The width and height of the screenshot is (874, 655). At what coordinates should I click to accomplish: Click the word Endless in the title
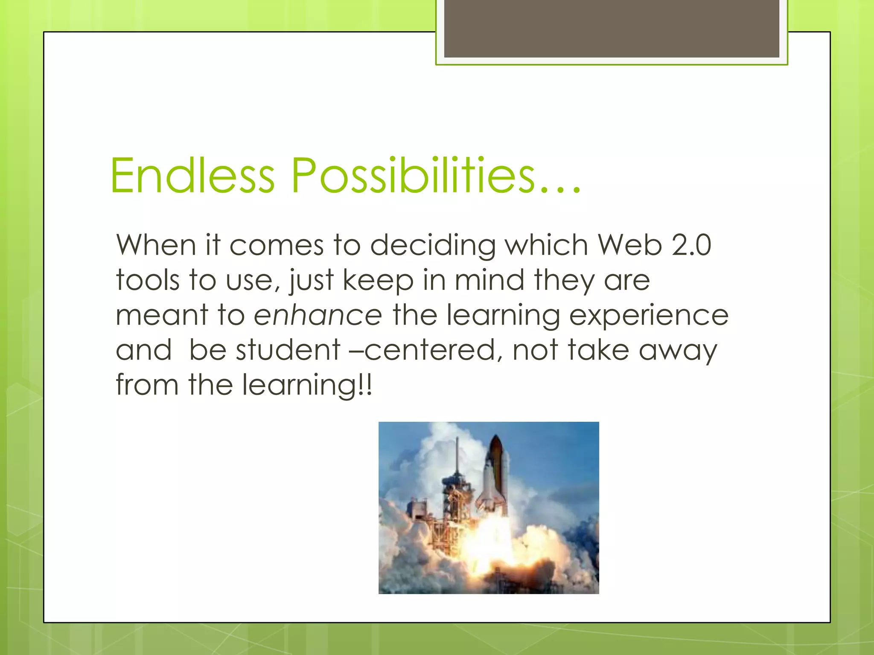192,176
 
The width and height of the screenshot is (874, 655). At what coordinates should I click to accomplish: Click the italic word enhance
318,316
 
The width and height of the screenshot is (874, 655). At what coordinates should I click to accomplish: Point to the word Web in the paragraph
629,246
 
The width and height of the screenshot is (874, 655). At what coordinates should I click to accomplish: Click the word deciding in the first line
433,246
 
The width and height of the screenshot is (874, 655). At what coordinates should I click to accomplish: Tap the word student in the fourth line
288,350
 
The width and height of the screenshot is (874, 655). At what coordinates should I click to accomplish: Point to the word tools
147,281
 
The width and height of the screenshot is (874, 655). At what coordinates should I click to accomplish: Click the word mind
489,281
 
